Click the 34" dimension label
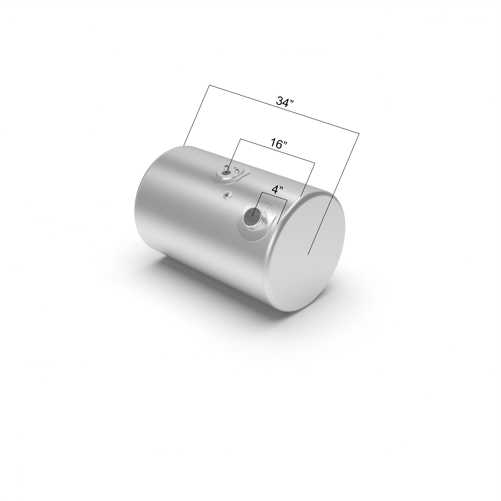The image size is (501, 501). [x=285, y=101]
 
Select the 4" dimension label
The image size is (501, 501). [x=277, y=190]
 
